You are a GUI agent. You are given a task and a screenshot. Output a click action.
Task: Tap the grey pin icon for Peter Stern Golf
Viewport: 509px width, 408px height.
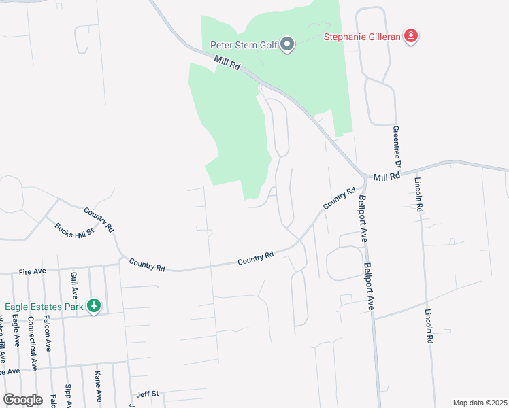point(288,45)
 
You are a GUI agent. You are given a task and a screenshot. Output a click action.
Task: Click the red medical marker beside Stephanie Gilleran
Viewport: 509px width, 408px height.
point(410,35)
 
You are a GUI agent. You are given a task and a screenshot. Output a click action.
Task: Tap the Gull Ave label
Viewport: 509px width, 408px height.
point(73,286)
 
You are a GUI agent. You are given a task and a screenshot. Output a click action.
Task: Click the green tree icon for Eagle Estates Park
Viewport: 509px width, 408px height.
point(94,307)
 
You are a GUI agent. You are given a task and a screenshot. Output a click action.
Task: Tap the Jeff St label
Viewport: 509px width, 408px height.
point(147,394)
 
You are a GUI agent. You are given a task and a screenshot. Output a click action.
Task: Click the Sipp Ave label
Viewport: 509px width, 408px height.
point(67,394)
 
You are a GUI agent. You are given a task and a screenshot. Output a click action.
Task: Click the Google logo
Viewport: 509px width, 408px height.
point(23,399)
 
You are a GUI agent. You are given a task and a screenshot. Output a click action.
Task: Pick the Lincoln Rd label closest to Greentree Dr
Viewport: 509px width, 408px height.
point(418,196)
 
